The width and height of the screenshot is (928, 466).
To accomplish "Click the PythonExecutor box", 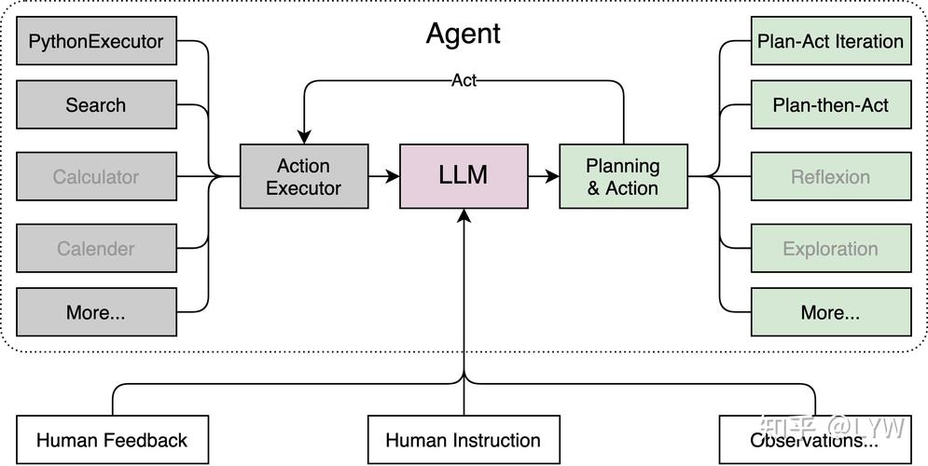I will (96, 41).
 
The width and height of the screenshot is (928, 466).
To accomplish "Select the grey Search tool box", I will (96, 104).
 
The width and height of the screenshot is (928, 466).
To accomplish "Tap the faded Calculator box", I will (96, 176).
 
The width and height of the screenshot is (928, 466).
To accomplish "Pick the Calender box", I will (96, 248).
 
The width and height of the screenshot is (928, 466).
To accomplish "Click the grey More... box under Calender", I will (96, 312).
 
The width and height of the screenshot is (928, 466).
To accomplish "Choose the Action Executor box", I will (303, 176).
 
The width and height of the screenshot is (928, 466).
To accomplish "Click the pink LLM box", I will (464, 176).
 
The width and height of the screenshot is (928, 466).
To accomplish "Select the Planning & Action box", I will (623, 176).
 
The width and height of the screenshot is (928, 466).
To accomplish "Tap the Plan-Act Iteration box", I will (830, 41).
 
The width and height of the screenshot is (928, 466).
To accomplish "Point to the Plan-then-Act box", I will (830, 104).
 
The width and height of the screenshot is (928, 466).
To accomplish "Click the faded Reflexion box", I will (830, 176).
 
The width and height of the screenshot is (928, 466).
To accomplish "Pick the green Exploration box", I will (830, 248).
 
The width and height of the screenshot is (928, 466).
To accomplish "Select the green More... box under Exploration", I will (830, 312).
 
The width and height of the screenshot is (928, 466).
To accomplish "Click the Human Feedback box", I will (112, 440).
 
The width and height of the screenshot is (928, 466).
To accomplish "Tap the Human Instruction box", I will (464, 440).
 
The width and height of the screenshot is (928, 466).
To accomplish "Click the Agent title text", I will (464, 34).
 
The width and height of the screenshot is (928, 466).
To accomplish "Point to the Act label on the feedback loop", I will (464, 80).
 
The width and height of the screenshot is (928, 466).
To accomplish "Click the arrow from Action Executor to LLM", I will (382, 176).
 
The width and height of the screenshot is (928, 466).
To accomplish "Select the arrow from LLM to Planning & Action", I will (543, 176).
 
